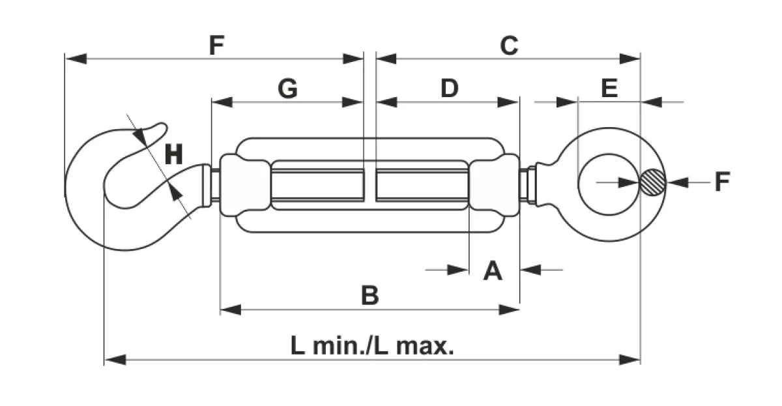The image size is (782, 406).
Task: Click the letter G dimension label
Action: coord(287,89)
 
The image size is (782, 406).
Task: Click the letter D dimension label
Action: coord(450,89)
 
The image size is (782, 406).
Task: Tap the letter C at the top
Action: coord(509,46)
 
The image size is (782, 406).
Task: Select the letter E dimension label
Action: coord(609,89)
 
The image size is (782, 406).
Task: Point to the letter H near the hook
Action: coord(173,154)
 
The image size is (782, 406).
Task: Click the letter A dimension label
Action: coord(493,270)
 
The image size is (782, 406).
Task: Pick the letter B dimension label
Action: coord(369,295)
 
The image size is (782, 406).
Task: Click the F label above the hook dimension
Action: coord(216,46)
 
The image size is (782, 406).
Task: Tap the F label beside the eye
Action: coord(722,182)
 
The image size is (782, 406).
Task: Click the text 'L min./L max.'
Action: coord(372,345)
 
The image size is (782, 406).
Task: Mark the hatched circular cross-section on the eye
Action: coord(652,182)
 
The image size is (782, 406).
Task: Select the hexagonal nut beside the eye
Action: coord(531,185)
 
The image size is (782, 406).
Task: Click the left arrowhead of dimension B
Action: coord(231,310)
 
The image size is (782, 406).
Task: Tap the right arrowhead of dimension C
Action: coord(630,59)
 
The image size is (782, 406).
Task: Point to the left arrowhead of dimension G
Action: coord(222,102)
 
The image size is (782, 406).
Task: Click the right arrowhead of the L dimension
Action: coord(630,360)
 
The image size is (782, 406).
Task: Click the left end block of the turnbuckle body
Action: coord(245,185)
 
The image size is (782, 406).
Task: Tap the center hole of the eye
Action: coord(609,184)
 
